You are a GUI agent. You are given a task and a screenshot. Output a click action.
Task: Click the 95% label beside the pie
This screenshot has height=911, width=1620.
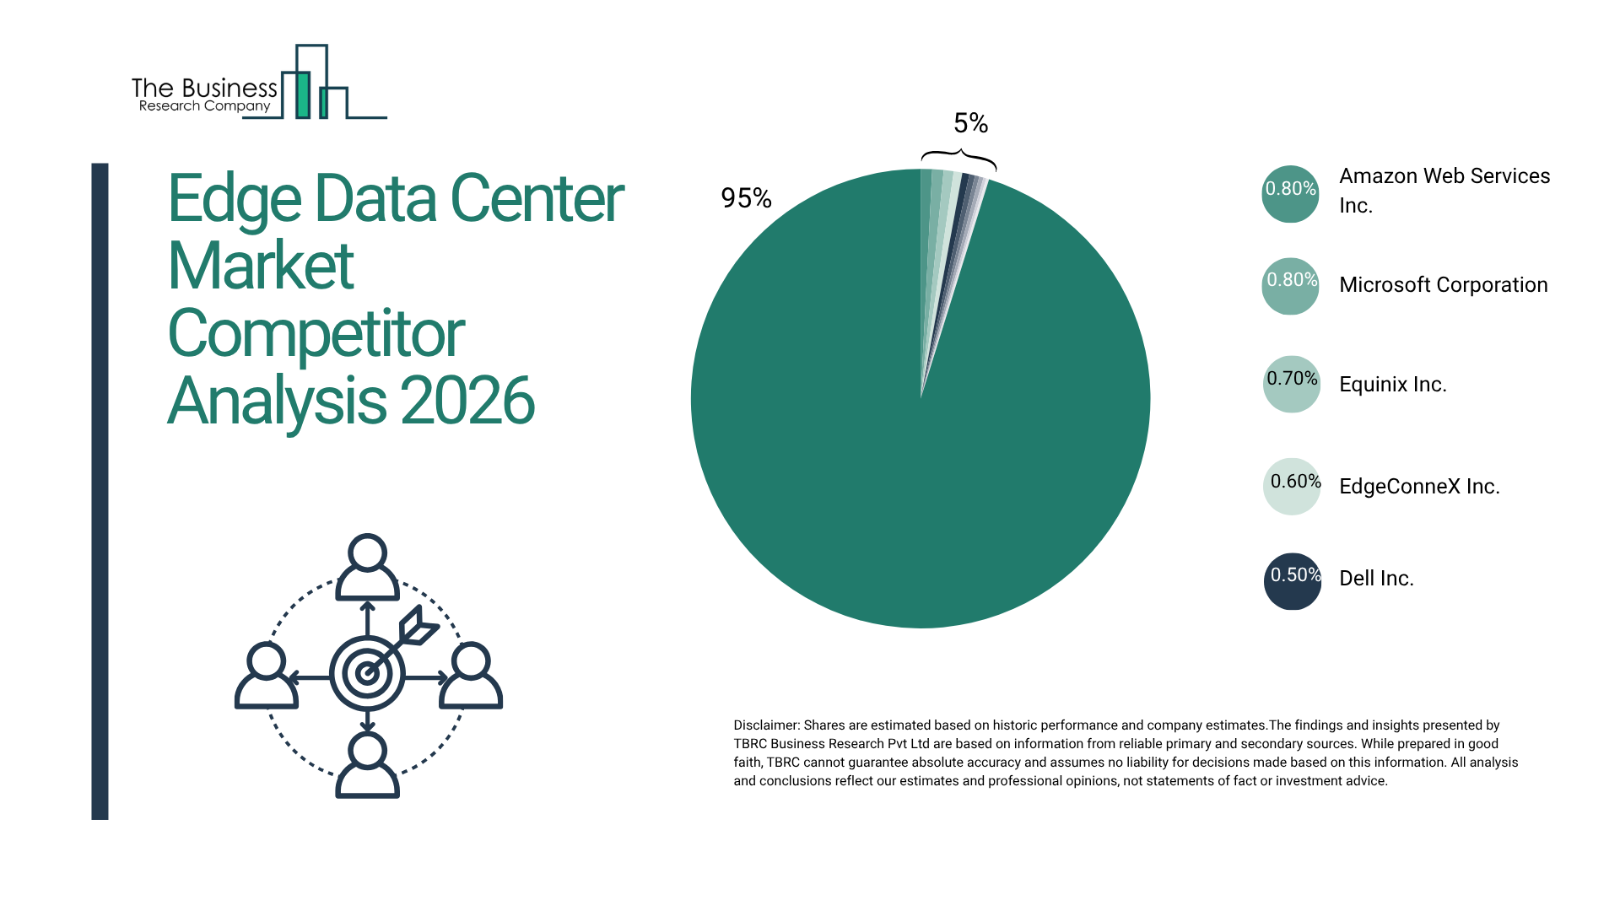point(746,198)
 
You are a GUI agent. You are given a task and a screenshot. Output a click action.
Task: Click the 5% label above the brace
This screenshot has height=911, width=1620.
point(970,123)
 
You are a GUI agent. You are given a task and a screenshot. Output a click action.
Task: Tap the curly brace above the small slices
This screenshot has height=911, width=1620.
point(958,157)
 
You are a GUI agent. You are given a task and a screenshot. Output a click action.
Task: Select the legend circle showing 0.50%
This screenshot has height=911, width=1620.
point(1292,581)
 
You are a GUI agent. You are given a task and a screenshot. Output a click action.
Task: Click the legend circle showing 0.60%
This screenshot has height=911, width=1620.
point(1292,487)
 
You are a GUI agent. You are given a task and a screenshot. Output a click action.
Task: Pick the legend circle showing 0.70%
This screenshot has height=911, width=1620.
point(1292,384)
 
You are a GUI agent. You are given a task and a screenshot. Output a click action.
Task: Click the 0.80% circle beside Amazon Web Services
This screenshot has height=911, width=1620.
point(1291,194)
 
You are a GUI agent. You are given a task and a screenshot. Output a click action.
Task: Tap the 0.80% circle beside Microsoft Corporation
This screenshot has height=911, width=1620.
point(1291,286)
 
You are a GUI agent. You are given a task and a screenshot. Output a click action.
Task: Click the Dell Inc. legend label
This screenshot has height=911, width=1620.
point(1376,579)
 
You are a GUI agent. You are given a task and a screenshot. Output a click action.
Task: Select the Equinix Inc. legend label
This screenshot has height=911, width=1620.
point(1392,385)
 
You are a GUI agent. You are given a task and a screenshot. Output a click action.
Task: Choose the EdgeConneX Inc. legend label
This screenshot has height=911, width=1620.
point(1419,487)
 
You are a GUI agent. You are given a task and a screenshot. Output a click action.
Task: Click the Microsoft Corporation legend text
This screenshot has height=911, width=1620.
point(1443,285)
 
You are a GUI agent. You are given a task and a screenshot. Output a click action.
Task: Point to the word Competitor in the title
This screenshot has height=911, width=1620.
point(316,334)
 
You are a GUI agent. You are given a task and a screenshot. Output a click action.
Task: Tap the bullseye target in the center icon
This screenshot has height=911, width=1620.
point(367,673)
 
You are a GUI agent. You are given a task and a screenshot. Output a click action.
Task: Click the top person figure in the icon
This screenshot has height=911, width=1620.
point(367,567)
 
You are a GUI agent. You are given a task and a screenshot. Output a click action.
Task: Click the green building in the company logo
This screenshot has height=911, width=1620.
point(302,94)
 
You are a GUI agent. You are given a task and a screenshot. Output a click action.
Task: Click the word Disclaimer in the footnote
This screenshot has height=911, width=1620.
point(765,725)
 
